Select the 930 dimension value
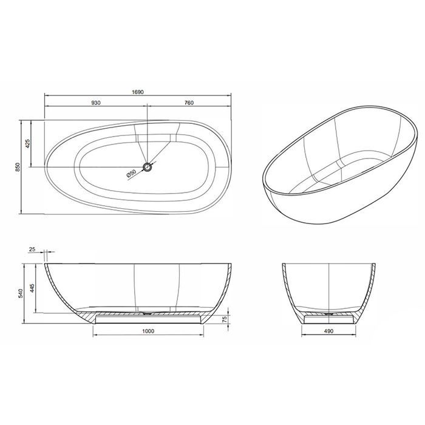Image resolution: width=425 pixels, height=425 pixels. click(95, 103)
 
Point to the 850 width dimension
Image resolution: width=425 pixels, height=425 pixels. click(18, 166)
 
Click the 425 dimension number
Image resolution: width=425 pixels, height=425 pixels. click(28, 143)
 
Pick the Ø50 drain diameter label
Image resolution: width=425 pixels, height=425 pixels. click(131, 174)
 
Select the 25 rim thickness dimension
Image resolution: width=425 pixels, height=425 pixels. click(31, 249)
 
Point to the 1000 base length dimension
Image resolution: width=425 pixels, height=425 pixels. click(147, 331)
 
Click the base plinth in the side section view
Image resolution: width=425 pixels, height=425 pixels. click(147, 319)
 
